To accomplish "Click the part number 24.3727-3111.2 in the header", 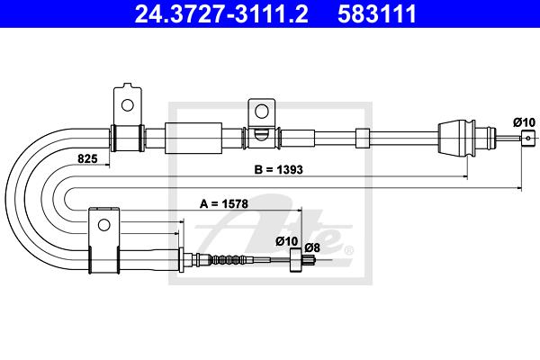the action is point(221,14).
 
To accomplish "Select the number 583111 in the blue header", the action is point(377,14).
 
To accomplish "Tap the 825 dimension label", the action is point(87,158).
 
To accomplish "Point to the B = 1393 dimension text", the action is point(278,169).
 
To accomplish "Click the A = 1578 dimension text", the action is point(224,204).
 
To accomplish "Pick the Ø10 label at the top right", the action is point(524,122).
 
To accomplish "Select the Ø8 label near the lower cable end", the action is point(312,247).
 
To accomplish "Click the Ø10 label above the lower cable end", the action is point(286,241).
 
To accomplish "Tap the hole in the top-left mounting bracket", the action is point(128,104).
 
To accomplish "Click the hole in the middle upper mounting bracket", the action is point(261,111).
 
